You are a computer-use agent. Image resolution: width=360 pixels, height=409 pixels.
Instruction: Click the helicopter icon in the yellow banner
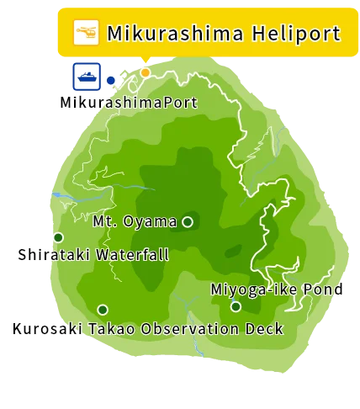tap(86, 33)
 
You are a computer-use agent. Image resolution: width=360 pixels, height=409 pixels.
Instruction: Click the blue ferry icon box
tap(87, 77)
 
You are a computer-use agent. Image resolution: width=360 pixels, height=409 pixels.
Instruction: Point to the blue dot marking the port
tap(110, 81)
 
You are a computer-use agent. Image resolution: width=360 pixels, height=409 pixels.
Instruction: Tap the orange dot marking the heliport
tap(145, 73)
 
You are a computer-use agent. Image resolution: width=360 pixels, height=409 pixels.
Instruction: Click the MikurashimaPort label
tap(129, 103)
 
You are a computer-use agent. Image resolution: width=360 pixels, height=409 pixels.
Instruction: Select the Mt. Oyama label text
tap(135, 222)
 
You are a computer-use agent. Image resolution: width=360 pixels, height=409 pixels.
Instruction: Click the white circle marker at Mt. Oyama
tap(188, 222)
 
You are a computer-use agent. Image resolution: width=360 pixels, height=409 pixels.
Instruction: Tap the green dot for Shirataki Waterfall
tap(59, 237)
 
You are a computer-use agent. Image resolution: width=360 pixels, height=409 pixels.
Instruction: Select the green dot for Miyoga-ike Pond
tap(236, 306)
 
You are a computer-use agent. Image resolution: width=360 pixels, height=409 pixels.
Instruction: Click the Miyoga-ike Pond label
tap(276, 289)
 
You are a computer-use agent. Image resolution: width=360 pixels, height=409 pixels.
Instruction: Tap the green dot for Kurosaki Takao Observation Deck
tap(103, 310)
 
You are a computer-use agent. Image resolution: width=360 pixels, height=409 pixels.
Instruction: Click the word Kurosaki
tap(47, 328)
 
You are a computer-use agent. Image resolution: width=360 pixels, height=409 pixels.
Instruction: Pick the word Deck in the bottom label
tap(264, 328)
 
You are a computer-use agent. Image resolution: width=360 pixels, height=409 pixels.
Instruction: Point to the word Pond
tap(324, 289)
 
